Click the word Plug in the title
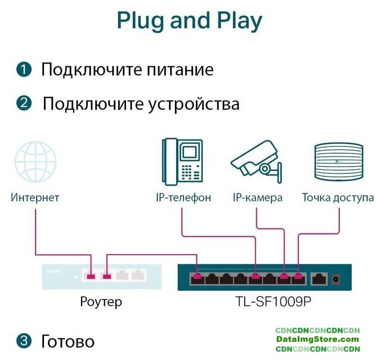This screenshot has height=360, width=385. click(x=140, y=21)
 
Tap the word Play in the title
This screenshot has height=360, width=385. click(x=239, y=21)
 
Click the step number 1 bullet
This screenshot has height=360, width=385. click(x=24, y=70)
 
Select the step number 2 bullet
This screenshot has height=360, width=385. click(x=24, y=103)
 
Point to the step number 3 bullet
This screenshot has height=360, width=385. click(x=24, y=341)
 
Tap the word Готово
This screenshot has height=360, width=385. click(x=68, y=341)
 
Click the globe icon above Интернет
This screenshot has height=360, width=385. click(x=35, y=162)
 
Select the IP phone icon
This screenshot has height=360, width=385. click(x=182, y=162)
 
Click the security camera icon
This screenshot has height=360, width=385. click(x=256, y=164)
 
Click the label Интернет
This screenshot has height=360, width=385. click(x=35, y=198)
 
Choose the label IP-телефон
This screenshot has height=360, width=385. click(x=183, y=198)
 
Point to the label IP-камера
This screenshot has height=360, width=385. click(x=257, y=198)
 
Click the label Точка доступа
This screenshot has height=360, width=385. click(x=338, y=198)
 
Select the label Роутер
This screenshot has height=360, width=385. click(x=101, y=302)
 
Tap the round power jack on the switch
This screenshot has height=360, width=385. click(x=337, y=277)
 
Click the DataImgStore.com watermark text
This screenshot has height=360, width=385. click(x=317, y=339)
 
